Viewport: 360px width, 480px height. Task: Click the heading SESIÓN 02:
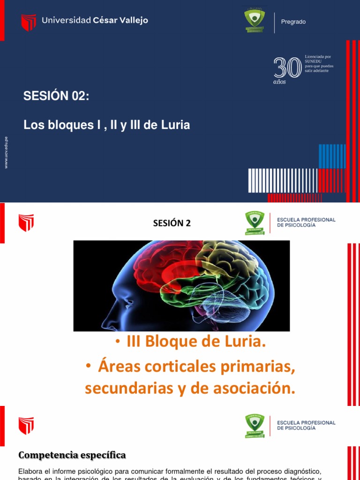(56, 96)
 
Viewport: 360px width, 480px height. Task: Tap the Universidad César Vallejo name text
(95, 20)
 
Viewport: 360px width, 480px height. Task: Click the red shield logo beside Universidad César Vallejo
(29, 22)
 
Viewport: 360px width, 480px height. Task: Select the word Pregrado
(293, 22)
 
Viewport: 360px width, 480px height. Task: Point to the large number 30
(287, 67)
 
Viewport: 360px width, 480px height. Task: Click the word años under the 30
(279, 82)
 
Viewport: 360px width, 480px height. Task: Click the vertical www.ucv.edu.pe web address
(6, 152)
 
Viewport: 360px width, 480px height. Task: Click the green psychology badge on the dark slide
(255, 20)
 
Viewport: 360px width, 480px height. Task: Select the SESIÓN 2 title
(172, 223)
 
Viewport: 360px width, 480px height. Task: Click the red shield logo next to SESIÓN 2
(26, 223)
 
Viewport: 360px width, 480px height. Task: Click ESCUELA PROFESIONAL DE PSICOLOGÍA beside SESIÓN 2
(306, 222)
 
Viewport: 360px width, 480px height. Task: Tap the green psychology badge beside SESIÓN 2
(255, 223)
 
